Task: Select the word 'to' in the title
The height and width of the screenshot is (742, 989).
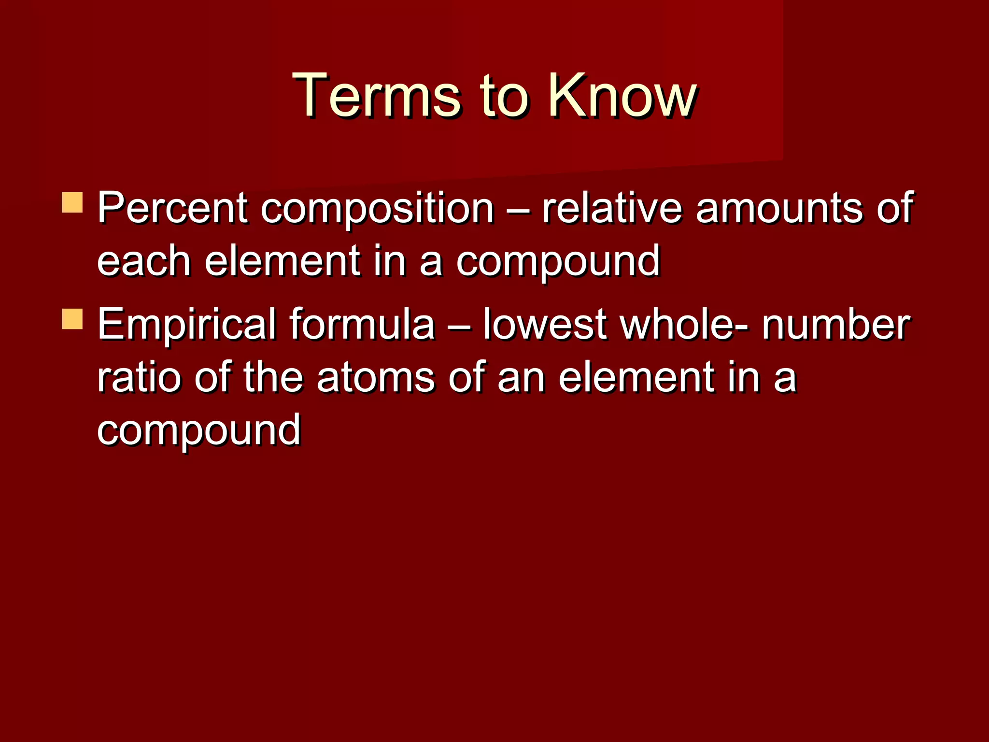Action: point(502,96)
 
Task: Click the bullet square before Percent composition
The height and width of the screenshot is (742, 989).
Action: point(72,203)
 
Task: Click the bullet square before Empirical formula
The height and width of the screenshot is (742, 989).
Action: point(72,319)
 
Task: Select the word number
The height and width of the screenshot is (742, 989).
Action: point(836,325)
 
